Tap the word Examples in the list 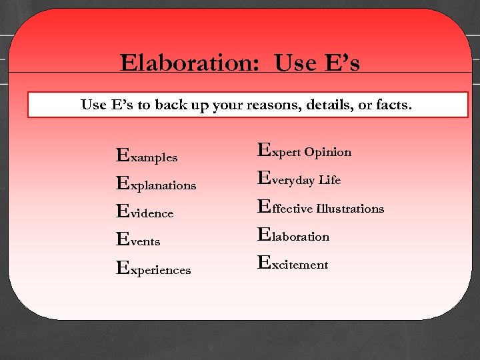tap(147, 157)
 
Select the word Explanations tap(156, 185)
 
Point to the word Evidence tap(145, 213)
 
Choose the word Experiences tap(153, 269)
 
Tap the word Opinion tap(328, 152)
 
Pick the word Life tap(329, 180)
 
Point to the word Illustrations tap(351, 209)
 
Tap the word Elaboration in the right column tap(293, 236)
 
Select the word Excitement tap(293, 264)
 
